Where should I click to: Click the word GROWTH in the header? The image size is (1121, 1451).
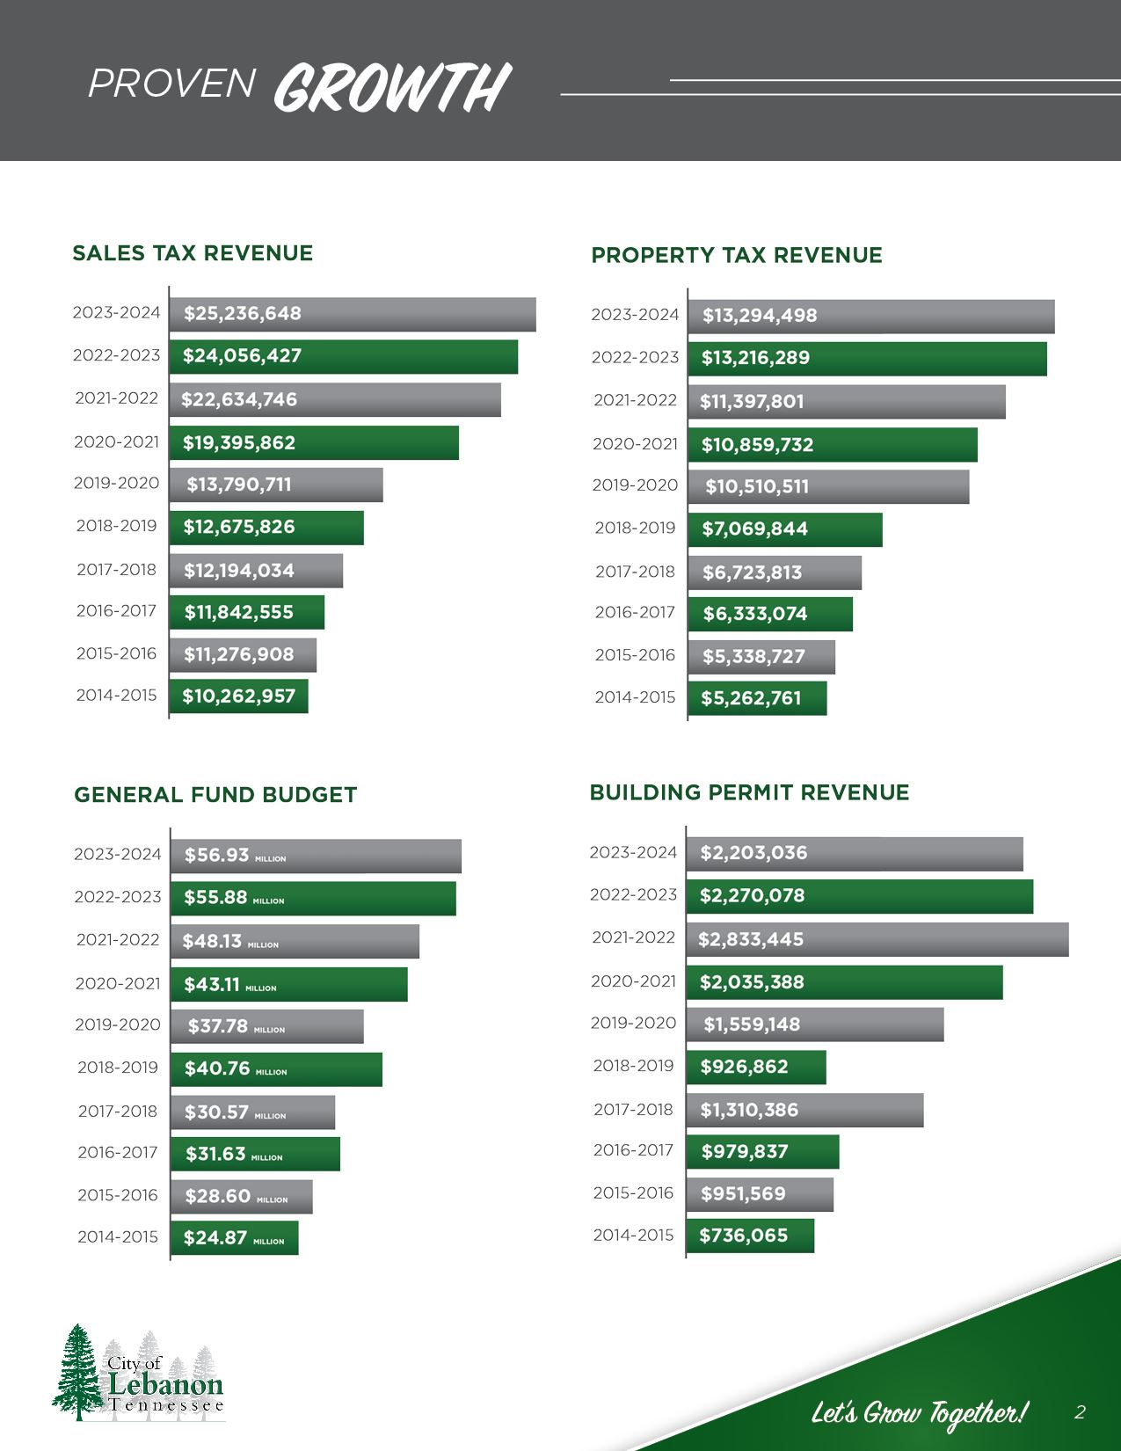click(x=392, y=88)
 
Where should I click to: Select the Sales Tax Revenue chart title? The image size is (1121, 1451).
click(x=193, y=253)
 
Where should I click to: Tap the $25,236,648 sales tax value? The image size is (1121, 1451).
click(x=242, y=314)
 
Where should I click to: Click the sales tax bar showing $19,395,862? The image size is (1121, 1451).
click(x=314, y=442)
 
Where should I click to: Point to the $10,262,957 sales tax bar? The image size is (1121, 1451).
click(x=238, y=696)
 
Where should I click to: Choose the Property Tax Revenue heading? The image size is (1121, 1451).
click(x=736, y=255)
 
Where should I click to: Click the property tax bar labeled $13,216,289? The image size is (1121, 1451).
click(x=867, y=358)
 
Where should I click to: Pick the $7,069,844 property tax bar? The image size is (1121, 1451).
click(x=784, y=529)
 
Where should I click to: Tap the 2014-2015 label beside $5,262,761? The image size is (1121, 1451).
click(x=635, y=697)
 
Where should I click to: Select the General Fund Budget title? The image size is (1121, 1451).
click(x=215, y=795)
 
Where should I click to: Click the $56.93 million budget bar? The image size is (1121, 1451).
click(x=316, y=856)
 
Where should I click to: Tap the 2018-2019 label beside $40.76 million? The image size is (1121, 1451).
click(x=118, y=1068)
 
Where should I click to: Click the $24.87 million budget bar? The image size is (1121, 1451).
click(x=234, y=1238)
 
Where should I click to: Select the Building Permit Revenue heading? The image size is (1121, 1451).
click(x=749, y=792)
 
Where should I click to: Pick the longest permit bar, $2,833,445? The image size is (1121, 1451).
click(x=877, y=939)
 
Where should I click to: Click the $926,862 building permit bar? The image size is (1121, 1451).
click(x=755, y=1067)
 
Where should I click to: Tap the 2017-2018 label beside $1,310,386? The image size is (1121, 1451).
click(x=633, y=1110)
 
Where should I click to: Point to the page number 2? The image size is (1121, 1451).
click(x=1080, y=1412)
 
